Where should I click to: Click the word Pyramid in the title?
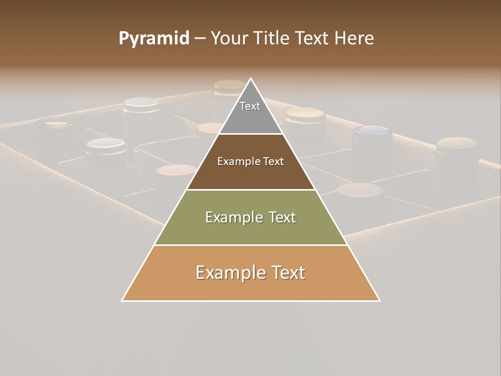pyautogui.click(x=154, y=39)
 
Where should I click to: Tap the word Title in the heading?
pyautogui.click(x=272, y=38)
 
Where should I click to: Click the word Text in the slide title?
pyautogui.click(x=313, y=38)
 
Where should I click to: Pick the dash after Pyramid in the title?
pyautogui.click(x=199, y=39)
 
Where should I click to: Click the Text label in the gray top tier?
pyautogui.click(x=250, y=106)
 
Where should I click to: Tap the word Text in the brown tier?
pyautogui.click(x=273, y=161)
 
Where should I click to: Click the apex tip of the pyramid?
pyautogui.click(x=251, y=79)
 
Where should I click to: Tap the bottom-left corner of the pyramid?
pyautogui.click(x=123, y=300)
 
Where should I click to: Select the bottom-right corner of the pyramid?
pyautogui.click(x=379, y=300)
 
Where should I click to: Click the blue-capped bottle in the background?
pyautogui.click(x=373, y=131)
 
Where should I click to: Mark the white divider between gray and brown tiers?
pyautogui.click(x=251, y=134)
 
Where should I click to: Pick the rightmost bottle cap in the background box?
pyautogui.click(x=457, y=143)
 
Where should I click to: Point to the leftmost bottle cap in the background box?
pyautogui.click(x=55, y=124)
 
